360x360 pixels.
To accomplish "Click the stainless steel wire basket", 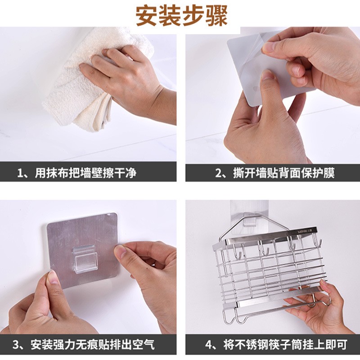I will [x=270, y=270].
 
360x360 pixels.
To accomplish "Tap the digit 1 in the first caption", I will [x=20, y=173].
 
